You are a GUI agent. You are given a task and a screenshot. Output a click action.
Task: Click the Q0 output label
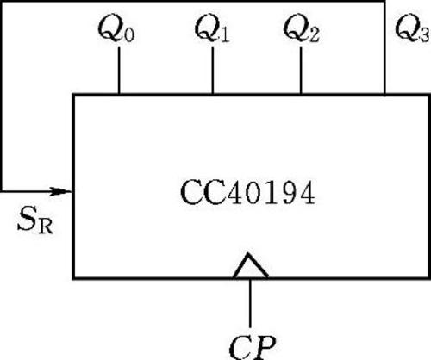[x=116, y=29]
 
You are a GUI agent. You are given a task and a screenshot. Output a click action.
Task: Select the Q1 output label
[x=212, y=29]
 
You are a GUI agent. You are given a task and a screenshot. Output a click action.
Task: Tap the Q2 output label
[x=302, y=29]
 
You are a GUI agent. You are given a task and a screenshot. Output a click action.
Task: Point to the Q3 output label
[x=413, y=29]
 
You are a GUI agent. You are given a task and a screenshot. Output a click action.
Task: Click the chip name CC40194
[x=247, y=192]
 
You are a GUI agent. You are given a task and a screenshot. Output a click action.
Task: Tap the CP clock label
[x=253, y=347]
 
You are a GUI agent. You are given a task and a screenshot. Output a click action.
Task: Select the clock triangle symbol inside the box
[x=251, y=265]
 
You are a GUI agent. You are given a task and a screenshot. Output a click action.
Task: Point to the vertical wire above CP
[x=250, y=303]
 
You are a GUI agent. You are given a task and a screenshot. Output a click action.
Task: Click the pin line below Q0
[x=119, y=70]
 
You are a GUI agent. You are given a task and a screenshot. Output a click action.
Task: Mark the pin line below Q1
[x=213, y=70]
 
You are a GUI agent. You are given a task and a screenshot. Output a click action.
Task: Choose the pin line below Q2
[x=301, y=70]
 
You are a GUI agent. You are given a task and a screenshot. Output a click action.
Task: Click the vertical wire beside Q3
[x=384, y=48]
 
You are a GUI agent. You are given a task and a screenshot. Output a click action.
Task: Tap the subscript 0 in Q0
[x=129, y=35]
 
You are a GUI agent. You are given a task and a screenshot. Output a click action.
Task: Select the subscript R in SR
[x=46, y=227]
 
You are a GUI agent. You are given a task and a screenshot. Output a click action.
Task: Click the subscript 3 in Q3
[x=425, y=35]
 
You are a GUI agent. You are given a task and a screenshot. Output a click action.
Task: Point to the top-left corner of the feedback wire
[x=2, y=2]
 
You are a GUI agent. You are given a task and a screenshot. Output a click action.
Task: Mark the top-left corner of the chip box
[x=74, y=95]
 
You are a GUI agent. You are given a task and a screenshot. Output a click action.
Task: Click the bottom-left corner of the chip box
[x=74, y=277]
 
